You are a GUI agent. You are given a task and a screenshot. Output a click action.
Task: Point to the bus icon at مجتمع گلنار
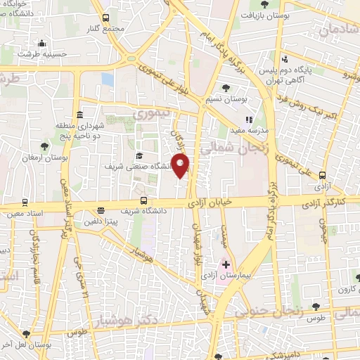click(106, 18)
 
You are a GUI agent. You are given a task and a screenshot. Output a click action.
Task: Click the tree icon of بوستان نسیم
click(226, 88)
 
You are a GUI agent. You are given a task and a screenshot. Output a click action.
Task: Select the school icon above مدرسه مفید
click(248, 119)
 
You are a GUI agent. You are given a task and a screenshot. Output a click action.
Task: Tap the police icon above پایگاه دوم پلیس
click(284, 59)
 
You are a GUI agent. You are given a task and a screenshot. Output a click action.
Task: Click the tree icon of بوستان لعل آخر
click(26, 335)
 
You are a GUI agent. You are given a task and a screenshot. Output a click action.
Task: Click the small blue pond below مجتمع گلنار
click(107, 79)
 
